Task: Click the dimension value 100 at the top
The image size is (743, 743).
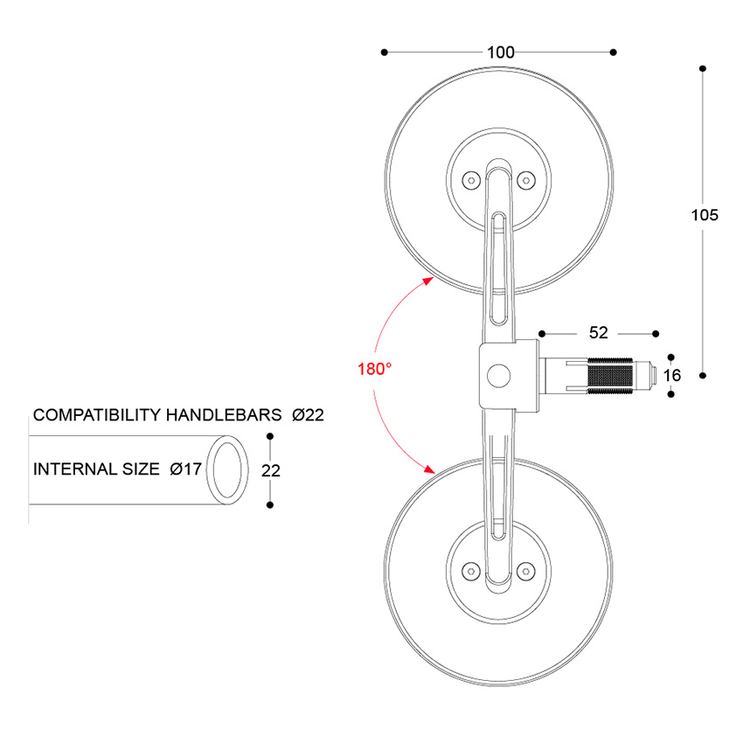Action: (500, 52)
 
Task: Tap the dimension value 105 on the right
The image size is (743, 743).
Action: (704, 215)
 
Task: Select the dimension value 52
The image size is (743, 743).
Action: (598, 333)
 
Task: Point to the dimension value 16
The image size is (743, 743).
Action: (670, 375)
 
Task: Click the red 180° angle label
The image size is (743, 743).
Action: (374, 369)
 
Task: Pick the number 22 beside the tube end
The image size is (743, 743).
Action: (271, 470)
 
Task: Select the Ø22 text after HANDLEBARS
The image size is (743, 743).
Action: (309, 414)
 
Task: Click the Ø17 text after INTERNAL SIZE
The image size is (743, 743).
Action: (186, 469)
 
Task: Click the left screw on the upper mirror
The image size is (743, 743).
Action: (471, 180)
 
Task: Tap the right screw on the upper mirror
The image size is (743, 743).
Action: (524, 180)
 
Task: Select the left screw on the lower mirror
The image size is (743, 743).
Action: (471, 569)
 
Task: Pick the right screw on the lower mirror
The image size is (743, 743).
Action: (524, 569)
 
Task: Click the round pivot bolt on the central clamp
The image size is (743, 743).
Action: (499, 376)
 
